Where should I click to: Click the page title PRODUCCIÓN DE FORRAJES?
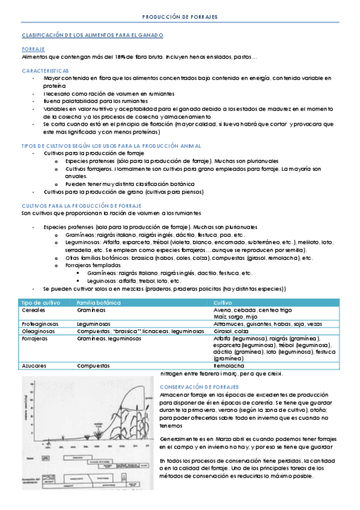pos(180,17)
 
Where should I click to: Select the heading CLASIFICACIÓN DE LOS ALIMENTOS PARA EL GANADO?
pos(92,35)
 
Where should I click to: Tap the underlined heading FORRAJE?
pos(33,49)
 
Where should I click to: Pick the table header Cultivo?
pos(223,302)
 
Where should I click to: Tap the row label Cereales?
pos(33,310)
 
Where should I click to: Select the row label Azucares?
pos(34,365)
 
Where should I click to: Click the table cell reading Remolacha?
pos(229,365)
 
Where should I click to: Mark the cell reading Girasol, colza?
pos(231,331)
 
